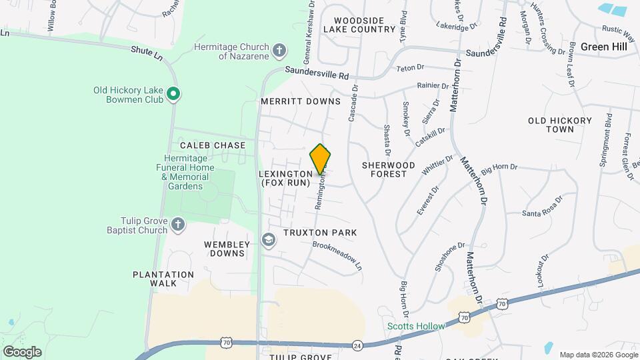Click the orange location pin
click(321, 159)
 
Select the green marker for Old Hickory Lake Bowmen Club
click(173, 94)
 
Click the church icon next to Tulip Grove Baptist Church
click(177, 225)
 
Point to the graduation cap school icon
click(268, 240)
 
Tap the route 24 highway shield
click(357, 345)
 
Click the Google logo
click(22, 352)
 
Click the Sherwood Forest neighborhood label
click(389, 169)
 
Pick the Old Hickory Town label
click(560, 125)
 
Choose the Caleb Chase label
click(213, 145)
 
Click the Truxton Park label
click(320, 233)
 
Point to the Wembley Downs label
click(227, 249)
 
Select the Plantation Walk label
click(163, 279)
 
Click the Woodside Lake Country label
click(360, 25)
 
